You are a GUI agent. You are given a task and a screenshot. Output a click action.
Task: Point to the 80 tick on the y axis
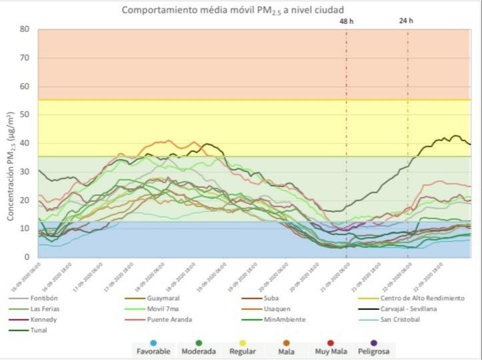pos(24,29)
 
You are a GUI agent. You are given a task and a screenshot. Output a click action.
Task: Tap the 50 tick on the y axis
pos(24,115)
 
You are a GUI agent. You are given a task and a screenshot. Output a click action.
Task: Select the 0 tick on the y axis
pos(27,257)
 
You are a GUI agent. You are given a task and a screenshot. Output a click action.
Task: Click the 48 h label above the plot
pos(347,21)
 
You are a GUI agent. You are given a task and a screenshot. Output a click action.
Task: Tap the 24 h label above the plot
pos(406,21)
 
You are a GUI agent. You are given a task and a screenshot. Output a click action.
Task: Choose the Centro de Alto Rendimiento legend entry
pos(417,299)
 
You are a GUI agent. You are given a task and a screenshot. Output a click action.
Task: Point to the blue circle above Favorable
pos(154,343)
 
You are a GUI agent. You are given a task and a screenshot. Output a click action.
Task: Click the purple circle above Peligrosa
pos(373,343)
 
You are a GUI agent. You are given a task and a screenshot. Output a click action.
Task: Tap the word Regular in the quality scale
pos(242,351)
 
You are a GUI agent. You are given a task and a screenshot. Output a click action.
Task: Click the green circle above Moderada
pos(198,343)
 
